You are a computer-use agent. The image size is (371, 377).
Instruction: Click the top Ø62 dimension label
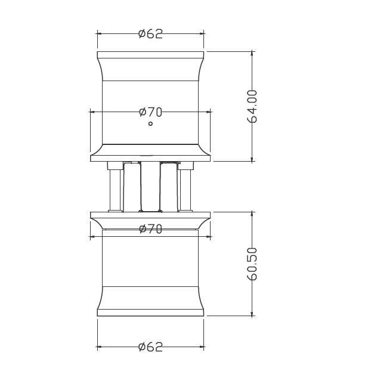coord(150,34)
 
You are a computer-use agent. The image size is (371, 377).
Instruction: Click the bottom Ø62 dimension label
coord(150,347)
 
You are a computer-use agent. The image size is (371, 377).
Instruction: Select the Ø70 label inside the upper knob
coord(150,112)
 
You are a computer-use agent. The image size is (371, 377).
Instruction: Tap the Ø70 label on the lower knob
coord(150,229)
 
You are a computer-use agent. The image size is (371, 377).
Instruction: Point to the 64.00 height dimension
coord(252,107)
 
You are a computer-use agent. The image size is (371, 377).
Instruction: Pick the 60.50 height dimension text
coord(252,264)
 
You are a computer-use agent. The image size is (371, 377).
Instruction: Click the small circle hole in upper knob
coord(150,124)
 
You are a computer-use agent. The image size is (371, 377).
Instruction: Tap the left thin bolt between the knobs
coord(115,190)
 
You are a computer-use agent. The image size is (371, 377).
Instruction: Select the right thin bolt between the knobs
coord(185,190)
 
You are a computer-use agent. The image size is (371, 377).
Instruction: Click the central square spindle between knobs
coord(150,187)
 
